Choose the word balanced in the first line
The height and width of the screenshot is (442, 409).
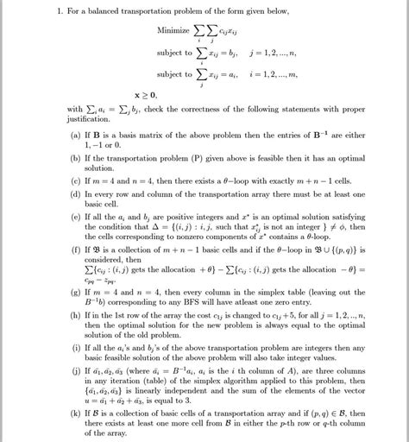[x=104, y=11]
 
